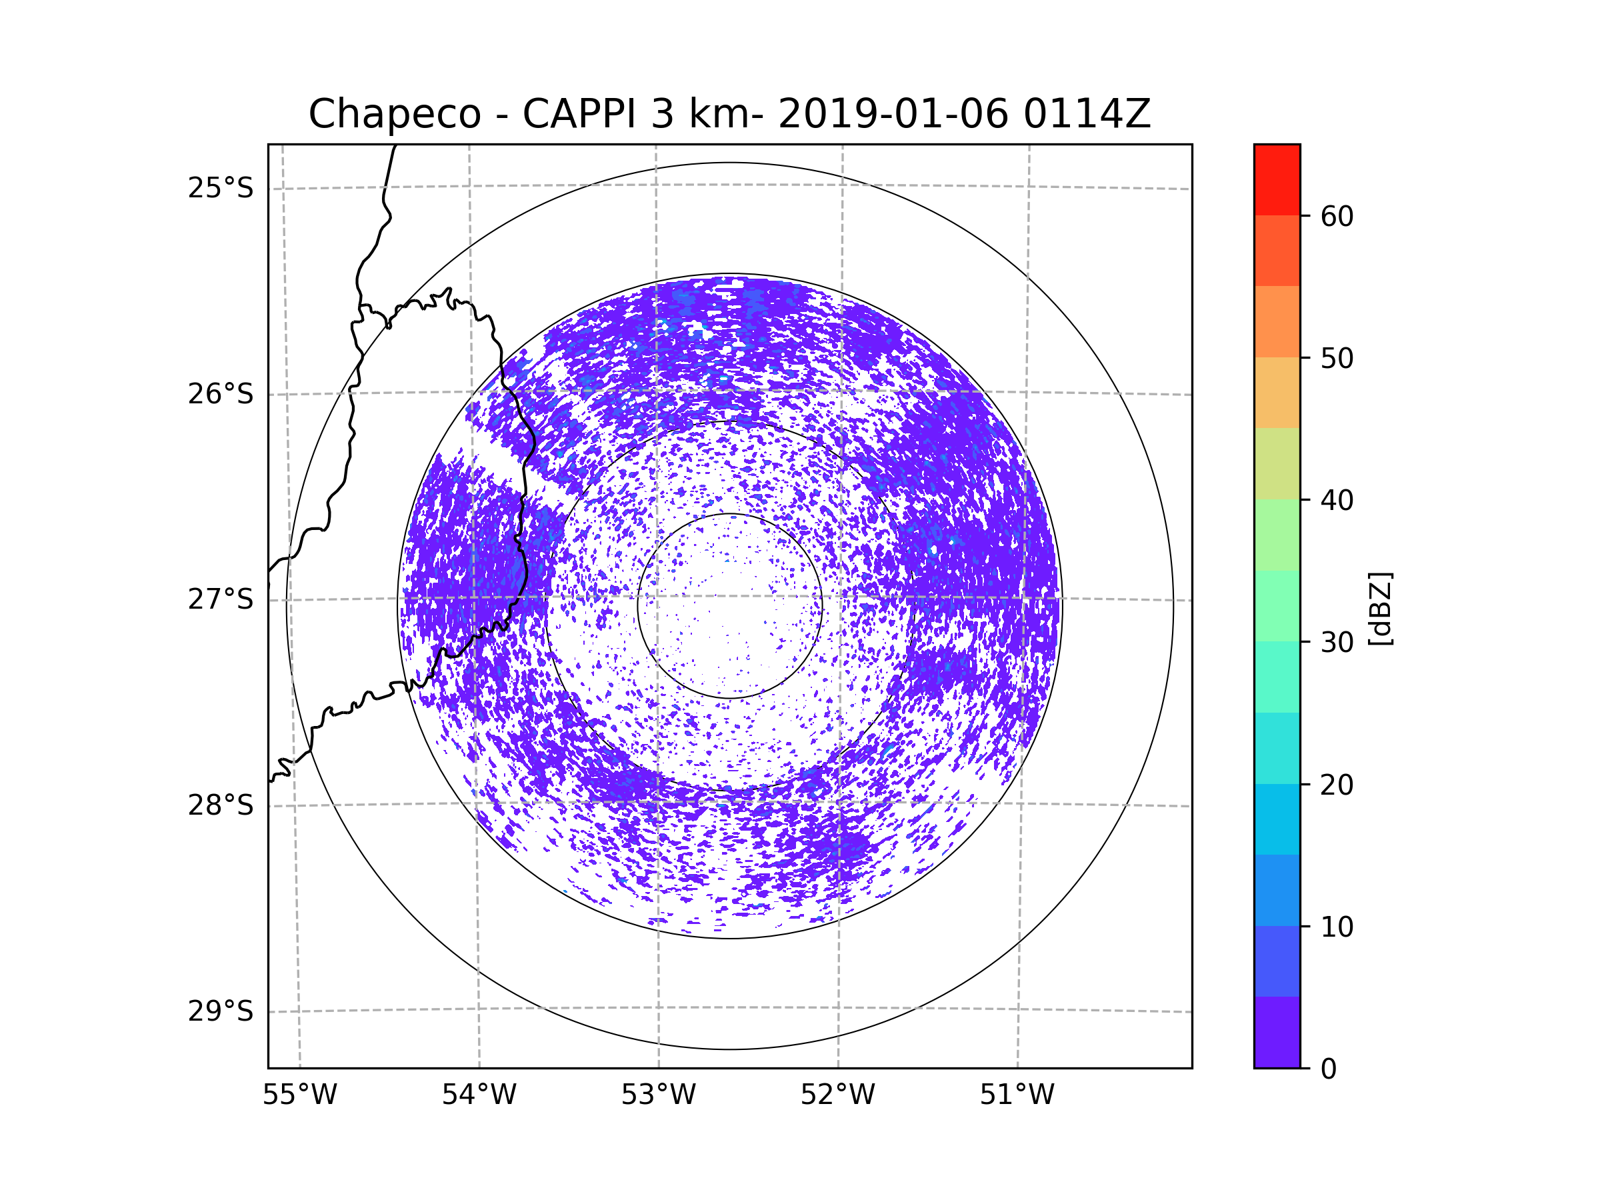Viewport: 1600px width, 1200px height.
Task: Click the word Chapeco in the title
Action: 394,114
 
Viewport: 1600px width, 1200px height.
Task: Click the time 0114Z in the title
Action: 1087,114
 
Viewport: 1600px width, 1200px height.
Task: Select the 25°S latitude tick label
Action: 221,188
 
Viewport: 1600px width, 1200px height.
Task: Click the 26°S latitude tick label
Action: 221,394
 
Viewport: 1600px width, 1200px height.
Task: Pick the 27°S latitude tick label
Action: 221,599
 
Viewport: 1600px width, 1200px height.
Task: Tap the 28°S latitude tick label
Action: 221,805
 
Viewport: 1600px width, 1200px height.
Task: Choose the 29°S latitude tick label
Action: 221,1011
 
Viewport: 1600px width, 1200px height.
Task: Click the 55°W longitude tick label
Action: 299,1095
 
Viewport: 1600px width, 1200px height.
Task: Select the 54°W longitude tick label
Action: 479,1095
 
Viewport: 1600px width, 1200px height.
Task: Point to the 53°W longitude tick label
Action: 658,1095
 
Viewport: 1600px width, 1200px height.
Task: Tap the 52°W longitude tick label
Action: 837,1095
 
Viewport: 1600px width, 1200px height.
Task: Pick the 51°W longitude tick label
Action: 1017,1095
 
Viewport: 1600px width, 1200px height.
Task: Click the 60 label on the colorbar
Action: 1337,216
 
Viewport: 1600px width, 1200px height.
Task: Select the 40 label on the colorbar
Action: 1337,501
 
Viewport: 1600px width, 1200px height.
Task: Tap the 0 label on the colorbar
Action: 1329,1069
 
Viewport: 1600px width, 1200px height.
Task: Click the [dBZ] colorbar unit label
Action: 1380,608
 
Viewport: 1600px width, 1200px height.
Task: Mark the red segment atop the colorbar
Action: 1277,179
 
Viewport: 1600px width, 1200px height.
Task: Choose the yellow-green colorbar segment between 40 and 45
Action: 1277,463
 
